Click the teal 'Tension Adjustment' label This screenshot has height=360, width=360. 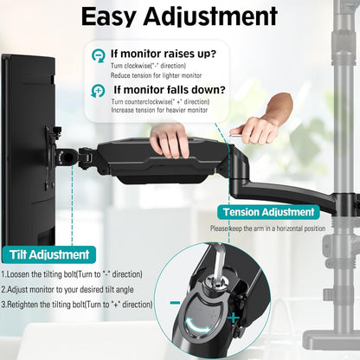[268, 212]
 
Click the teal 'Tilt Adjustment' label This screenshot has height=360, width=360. [51, 254]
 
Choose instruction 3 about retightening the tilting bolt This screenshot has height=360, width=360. [76, 304]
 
